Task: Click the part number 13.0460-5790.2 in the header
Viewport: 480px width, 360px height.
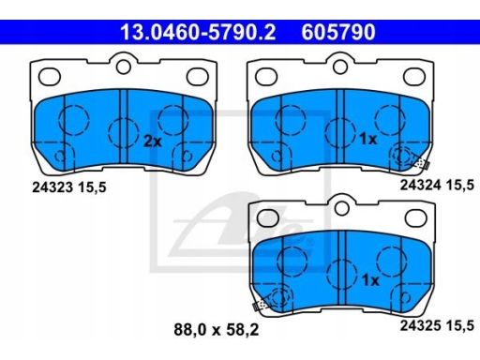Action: pos(198,32)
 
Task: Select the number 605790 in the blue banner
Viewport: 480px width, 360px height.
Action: pos(338,32)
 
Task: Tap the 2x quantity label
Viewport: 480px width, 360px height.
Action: pos(153,142)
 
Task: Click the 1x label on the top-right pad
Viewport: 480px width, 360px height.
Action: pos(368,139)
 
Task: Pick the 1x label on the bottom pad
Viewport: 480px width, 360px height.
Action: pos(370,280)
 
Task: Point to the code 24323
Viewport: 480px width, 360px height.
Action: pos(52,187)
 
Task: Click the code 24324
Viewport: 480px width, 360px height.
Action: pos(421,185)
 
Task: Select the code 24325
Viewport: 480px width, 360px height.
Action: pos(421,325)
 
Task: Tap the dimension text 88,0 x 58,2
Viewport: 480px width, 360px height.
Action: pos(217,330)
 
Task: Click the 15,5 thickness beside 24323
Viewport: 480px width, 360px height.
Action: pos(92,187)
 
